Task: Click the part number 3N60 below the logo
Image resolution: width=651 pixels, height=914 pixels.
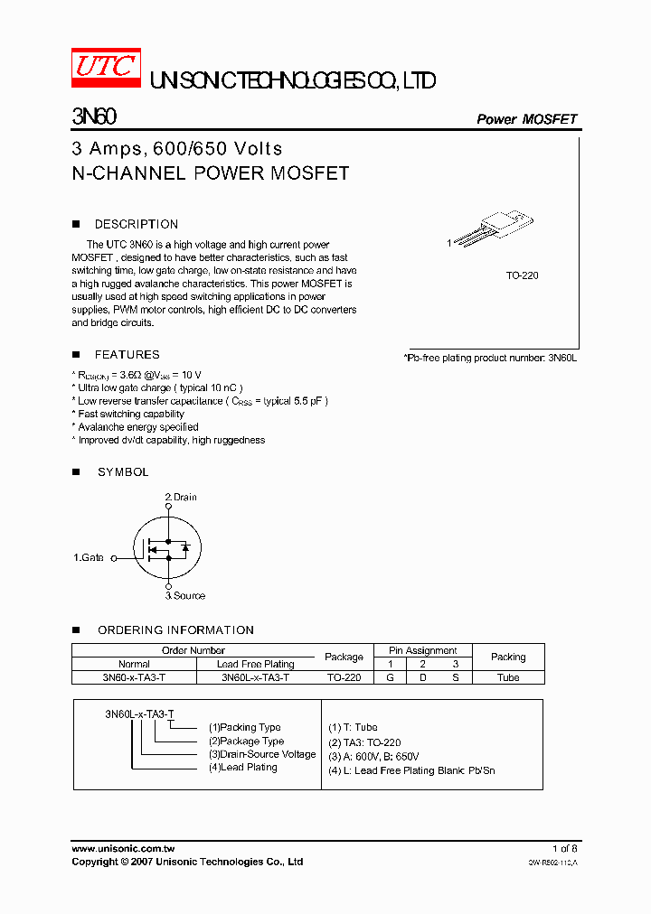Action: tap(92, 118)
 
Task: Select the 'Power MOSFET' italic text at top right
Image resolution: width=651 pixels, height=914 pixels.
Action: tap(526, 119)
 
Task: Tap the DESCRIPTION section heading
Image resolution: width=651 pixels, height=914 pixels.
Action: tap(136, 224)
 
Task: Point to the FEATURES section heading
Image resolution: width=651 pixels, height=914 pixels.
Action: tap(127, 355)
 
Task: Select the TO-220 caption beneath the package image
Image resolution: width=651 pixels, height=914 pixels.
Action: tap(522, 275)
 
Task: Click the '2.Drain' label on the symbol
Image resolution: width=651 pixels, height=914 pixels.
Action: tap(180, 498)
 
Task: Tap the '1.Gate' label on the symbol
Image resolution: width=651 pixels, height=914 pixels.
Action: tap(89, 558)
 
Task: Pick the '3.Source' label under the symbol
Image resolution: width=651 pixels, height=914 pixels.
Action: tap(184, 596)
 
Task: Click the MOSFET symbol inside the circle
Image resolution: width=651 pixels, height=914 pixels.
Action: tap(167, 548)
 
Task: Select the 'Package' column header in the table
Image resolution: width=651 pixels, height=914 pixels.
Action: tap(344, 657)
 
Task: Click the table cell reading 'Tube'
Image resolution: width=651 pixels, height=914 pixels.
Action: tap(508, 677)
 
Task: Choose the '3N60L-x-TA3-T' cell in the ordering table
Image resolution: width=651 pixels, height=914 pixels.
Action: tap(255, 677)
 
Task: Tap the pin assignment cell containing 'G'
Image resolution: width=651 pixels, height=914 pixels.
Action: tap(390, 677)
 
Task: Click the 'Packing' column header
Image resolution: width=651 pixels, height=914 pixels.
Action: tap(508, 657)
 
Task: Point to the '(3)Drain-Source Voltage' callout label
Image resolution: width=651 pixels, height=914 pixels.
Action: tap(262, 754)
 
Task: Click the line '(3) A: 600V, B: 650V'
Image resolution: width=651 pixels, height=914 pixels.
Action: tap(373, 757)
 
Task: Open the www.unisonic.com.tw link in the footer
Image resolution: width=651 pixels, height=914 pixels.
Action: tap(123, 849)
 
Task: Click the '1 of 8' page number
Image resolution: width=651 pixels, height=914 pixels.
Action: tap(564, 849)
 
